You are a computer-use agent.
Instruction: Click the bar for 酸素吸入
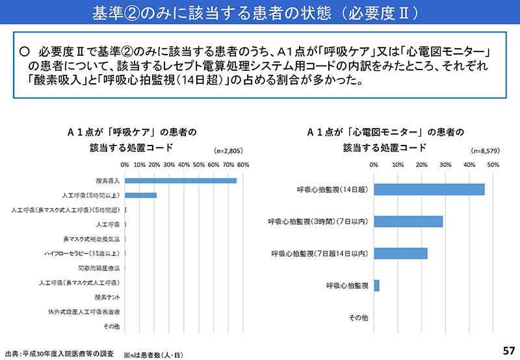(x=180, y=180)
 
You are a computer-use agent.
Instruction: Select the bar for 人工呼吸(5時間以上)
(x=140, y=195)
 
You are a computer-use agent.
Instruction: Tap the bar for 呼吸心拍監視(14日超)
(x=429, y=189)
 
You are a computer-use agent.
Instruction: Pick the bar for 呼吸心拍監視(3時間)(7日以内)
(x=408, y=221)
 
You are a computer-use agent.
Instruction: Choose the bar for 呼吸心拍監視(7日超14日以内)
(x=400, y=253)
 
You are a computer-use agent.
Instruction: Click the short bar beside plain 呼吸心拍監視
(x=376, y=285)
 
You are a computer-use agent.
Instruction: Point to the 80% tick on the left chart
(x=243, y=164)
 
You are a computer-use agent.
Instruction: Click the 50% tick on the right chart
(x=493, y=164)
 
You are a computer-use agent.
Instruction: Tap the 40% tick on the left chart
(x=184, y=164)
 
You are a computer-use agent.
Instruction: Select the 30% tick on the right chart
(x=445, y=164)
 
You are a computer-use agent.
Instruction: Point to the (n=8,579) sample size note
(x=484, y=151)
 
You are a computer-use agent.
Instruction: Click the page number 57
(x=509, y=351)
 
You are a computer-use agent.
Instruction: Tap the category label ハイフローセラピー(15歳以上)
(x=82, y=253)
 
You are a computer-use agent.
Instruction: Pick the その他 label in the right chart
(x=359, y=317)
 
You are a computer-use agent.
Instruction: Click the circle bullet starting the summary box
(x=25, y=51)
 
